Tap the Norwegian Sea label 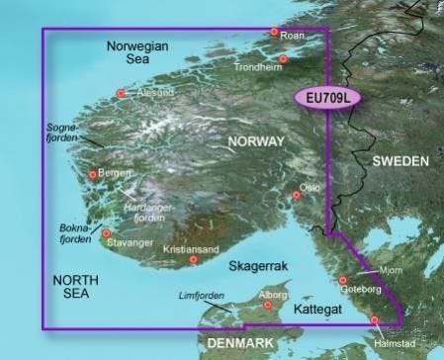[137, 54]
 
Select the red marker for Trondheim [283, 58]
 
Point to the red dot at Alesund [122, 94]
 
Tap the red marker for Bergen [93, 175]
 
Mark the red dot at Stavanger [106, 233]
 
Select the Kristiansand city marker [194, 259]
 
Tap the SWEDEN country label [400, 160]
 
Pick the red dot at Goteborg [343, 280]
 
